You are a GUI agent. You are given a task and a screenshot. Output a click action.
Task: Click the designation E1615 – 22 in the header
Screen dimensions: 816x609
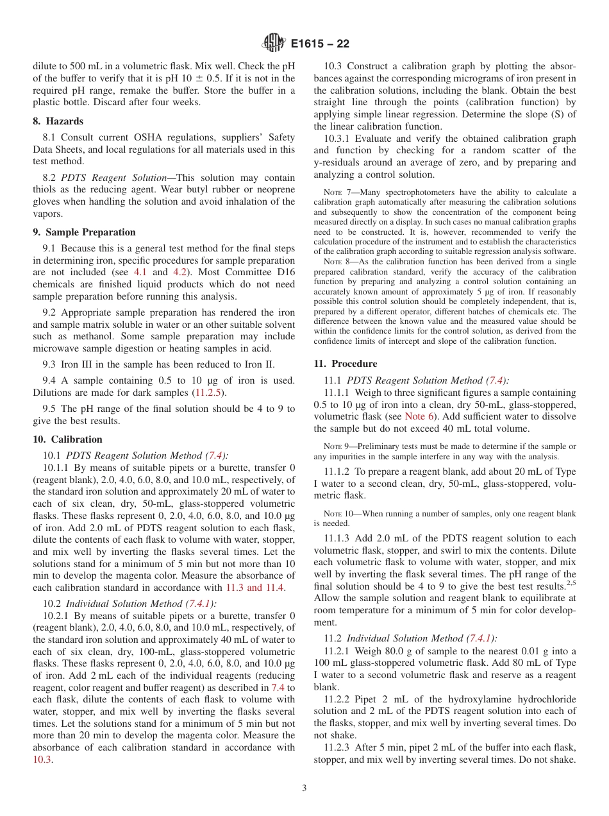click(319, 44)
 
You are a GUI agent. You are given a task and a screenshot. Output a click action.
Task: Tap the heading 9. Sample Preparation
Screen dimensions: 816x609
click(84, 232)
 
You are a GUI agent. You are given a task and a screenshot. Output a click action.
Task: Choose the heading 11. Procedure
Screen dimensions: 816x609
click(346, 364)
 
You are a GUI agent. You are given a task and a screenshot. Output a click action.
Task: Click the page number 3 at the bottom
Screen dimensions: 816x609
click(304, 788)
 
